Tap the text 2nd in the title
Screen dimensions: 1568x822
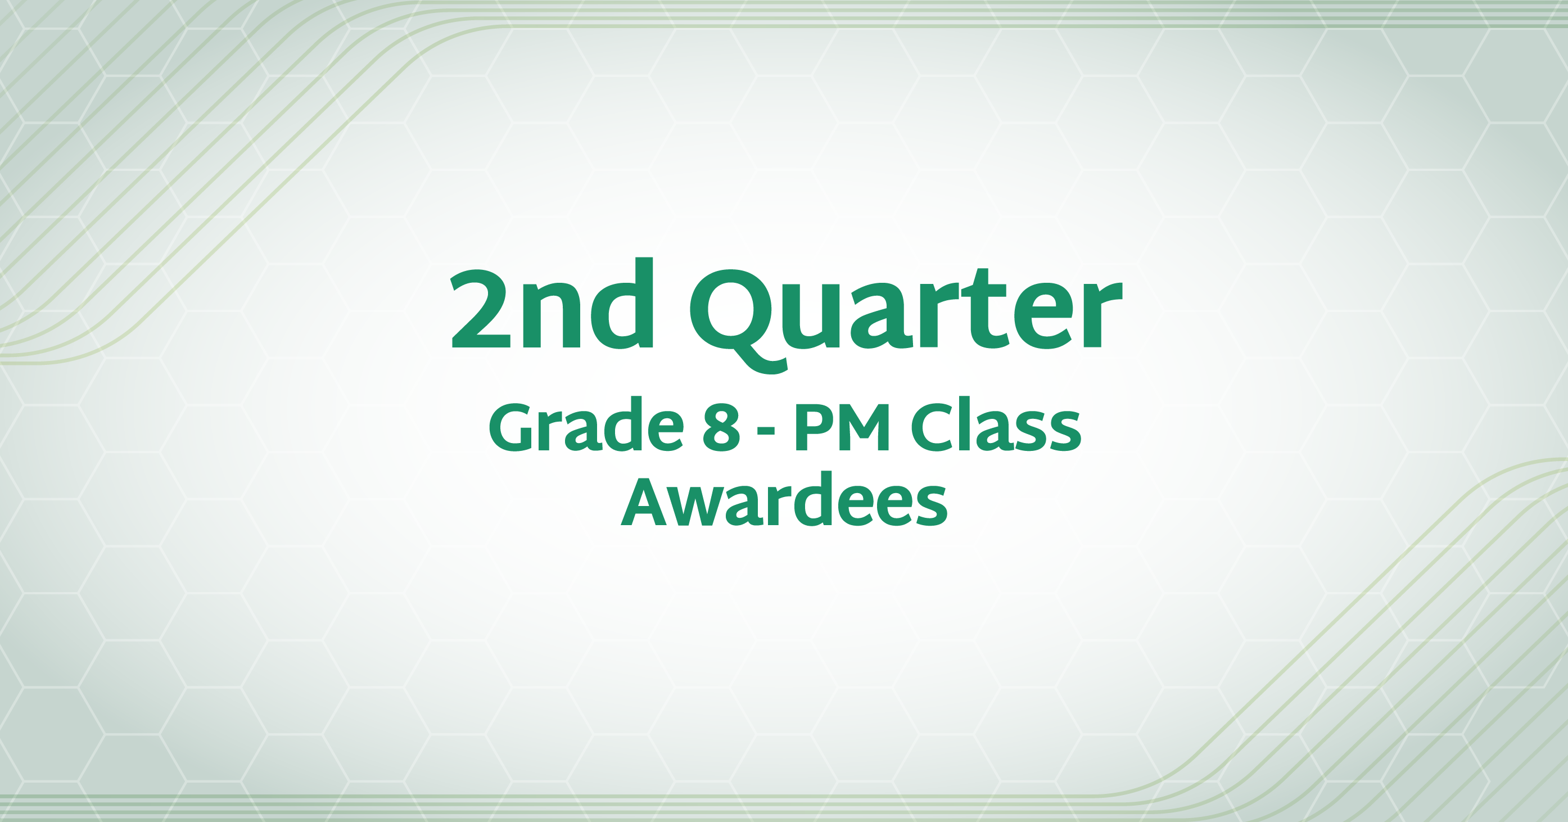[x=552, y=302]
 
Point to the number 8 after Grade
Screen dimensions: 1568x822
[x=721, y=427]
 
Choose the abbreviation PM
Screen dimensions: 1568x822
[x=842, y=427]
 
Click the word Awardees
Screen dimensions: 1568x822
[x=784, y=500]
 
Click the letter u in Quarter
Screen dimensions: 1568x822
[x=819, y=318]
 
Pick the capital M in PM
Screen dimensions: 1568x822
[x=865, y=427]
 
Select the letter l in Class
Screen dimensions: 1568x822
[x=969, y=424]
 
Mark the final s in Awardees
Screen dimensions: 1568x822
[x=929, y=508]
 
